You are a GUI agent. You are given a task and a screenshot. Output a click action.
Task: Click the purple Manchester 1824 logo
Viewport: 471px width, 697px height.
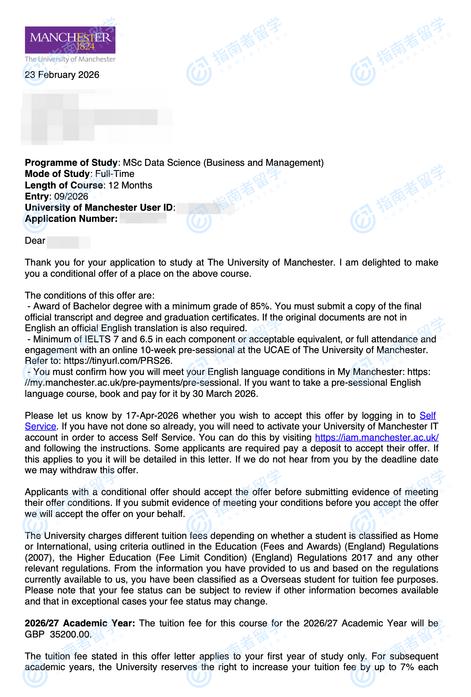70,40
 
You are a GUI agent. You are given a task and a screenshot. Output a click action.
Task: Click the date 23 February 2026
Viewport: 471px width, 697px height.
62,75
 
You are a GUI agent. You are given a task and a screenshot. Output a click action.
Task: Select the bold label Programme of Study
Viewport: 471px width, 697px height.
71,163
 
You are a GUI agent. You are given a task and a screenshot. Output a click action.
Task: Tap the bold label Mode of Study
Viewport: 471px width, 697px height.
57,174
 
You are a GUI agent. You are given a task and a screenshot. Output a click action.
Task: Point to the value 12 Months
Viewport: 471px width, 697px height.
130,185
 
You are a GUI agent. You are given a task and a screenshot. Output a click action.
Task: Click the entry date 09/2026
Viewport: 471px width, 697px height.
71,197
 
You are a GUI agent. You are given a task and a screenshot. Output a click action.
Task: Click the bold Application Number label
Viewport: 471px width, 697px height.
71,219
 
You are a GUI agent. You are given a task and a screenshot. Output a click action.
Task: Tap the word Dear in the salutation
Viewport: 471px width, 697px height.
35,241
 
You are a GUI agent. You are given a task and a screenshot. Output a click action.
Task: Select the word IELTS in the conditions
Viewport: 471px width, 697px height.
98,339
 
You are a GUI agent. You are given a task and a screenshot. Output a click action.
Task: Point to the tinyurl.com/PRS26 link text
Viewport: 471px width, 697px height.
118,361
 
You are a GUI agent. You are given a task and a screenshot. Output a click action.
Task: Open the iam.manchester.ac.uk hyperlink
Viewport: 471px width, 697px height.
377,438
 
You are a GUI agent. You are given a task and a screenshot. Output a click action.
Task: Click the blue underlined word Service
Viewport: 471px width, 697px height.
40,426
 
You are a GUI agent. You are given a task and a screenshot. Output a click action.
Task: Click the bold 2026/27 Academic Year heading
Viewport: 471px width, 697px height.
80,623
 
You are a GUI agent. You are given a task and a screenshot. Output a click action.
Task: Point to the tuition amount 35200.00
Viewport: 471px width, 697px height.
70,634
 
